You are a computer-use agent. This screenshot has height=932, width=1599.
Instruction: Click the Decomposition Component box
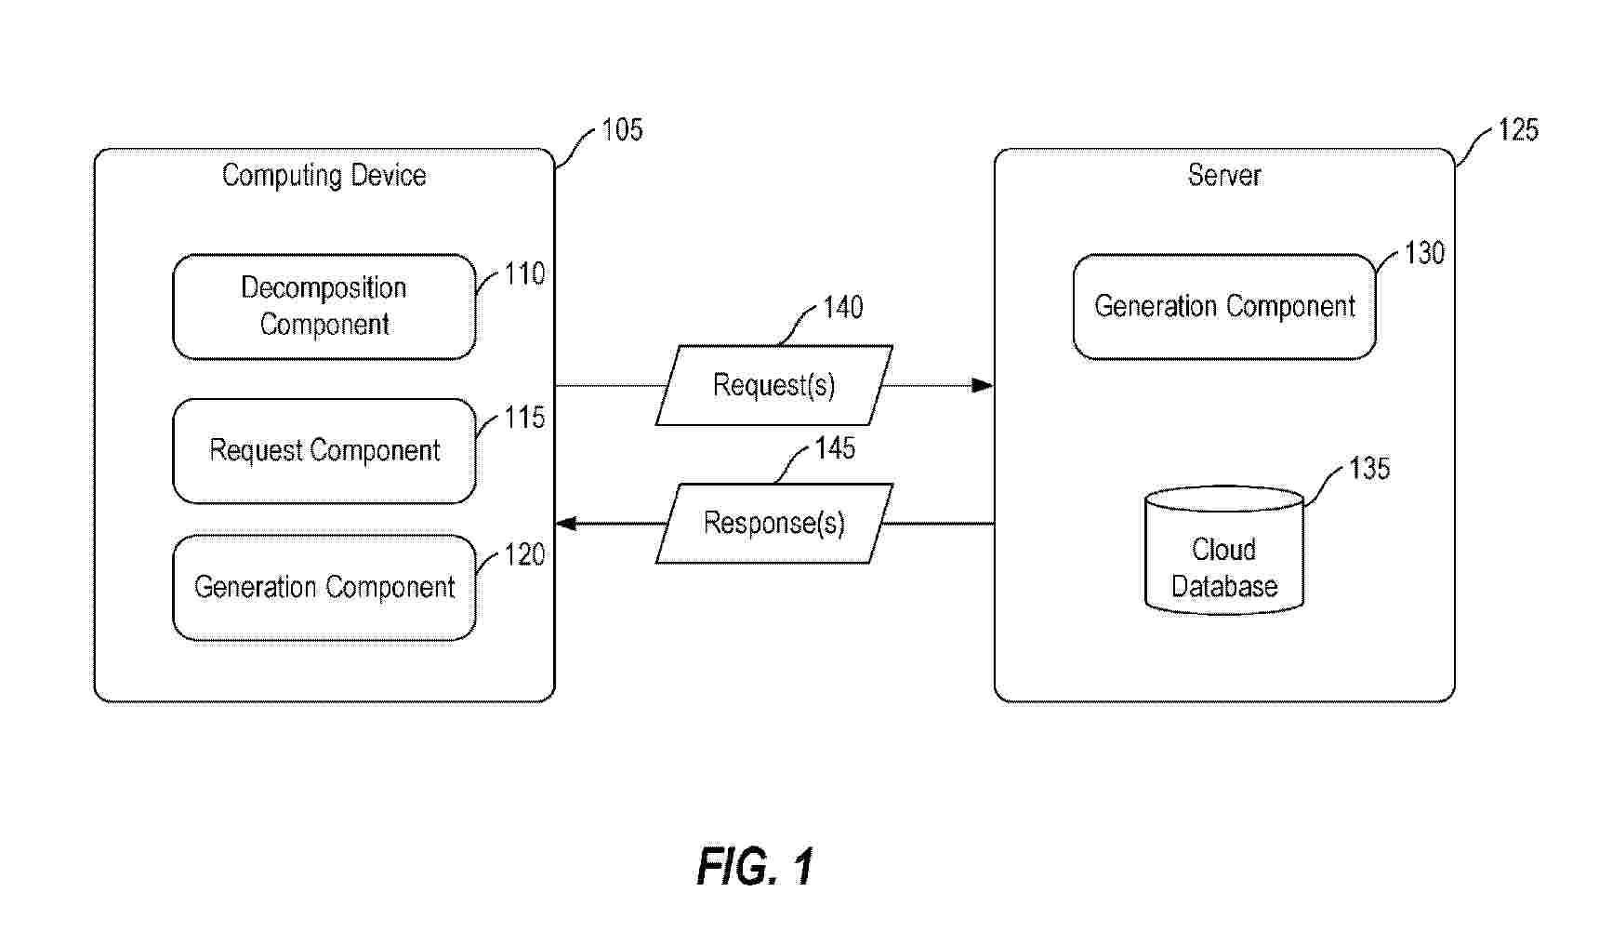tap(324, 306)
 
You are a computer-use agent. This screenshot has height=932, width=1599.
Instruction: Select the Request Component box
tap(324, 451)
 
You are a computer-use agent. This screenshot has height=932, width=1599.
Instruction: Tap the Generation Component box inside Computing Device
tap(324, 587)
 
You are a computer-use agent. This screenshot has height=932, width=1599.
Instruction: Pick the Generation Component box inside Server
tap(1223, 306)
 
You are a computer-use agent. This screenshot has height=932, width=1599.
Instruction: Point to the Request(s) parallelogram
tap(773, 385)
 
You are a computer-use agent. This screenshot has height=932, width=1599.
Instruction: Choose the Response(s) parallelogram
tap(773, 523)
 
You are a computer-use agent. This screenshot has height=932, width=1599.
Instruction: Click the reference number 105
tap(622, 130)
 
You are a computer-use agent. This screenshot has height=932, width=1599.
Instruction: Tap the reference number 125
tap(1518, 130)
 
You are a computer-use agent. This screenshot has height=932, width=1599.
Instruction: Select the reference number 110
tap(524, 274)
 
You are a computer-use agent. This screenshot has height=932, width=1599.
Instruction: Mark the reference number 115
tap(524, 418)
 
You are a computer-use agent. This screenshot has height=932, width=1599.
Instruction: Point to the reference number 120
tap(524, 555)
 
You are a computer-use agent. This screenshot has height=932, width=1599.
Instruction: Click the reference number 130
tap(1424, 253)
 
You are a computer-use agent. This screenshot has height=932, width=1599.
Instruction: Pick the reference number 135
tap(1369, 468)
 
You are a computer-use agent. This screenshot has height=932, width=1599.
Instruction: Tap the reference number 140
tap(843, 308)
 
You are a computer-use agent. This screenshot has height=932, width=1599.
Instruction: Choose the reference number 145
tap(835, 448)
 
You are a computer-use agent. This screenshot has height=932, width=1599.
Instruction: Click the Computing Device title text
tap(324, 176)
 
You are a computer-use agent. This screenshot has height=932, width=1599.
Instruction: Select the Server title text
tap(1223, 176)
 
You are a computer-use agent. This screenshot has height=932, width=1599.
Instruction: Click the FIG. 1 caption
tap(755, 867)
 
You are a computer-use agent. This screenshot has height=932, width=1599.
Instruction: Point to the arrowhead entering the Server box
tap(982, 385)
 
